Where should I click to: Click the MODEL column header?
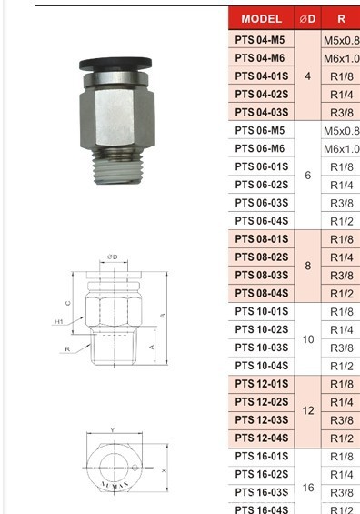click(262, 19)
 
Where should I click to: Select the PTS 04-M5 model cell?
click(262, 40)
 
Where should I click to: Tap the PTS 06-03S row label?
click(262, 203)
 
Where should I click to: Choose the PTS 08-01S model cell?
click(262, 239)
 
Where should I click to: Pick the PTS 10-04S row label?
click(262, 366)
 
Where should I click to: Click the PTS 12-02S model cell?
click(262, 402)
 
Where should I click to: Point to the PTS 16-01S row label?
click(262, 456)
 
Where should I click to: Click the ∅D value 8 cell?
click(308, 267)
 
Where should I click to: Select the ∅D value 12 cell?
click(308, 411)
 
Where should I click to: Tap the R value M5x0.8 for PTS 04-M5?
click(342, 40)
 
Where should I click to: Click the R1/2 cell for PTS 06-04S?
click(342, 221)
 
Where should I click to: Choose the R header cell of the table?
click(342, 19)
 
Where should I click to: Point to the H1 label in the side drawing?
click(59, 321)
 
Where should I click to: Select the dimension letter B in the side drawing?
click(161, 316)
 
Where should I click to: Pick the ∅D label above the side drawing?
click(113, 257)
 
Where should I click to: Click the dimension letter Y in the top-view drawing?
click(112, 430)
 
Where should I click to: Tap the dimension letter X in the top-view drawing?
click(164, 470)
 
